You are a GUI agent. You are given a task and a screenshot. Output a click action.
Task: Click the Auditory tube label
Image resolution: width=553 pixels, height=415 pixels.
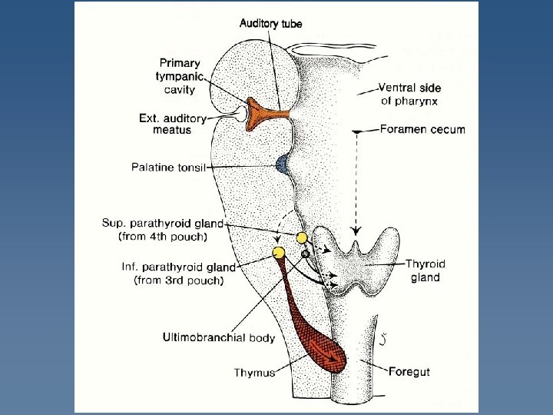[x=270, y=23]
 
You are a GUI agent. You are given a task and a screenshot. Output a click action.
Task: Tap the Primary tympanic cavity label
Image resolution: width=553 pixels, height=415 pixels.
[x=180, y=76]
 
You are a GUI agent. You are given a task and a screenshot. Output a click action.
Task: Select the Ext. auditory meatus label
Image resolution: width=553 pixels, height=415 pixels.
[x=173, y=124]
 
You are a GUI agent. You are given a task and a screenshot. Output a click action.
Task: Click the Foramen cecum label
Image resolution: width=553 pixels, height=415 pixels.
[x=422, y=129]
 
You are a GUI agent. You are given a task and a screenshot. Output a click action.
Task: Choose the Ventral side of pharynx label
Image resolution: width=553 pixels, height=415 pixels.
[x=410, y=94]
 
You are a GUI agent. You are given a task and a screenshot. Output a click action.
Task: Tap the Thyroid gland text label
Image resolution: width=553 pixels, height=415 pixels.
[x=425, y=271]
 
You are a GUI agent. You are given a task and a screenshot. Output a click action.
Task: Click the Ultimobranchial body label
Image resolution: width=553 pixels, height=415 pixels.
[x=219, y=337]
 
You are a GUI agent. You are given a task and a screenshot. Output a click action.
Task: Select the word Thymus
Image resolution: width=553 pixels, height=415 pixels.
[x=253, y=373]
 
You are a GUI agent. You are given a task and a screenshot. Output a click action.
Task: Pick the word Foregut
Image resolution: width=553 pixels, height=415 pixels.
[x=409, y=372]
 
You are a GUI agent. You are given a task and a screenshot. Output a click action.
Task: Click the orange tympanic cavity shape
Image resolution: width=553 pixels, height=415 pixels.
[x=265, y=112]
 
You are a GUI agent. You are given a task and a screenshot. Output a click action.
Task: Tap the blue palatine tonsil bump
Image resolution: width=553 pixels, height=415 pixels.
[x=283, y=164]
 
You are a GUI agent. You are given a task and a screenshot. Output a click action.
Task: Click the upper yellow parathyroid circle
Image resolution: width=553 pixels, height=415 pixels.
[x=302, y=238]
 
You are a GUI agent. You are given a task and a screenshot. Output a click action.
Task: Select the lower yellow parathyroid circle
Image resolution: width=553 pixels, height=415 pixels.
[x=279, y=252]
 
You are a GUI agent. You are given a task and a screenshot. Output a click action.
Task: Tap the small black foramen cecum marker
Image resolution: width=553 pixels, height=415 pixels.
[x=356, y=132]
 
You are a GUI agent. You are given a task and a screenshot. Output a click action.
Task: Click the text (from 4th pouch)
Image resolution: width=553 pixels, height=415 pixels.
[x=171, y=237]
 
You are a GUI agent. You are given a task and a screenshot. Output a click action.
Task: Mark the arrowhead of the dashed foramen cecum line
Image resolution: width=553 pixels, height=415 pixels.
[x=355, y=231]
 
